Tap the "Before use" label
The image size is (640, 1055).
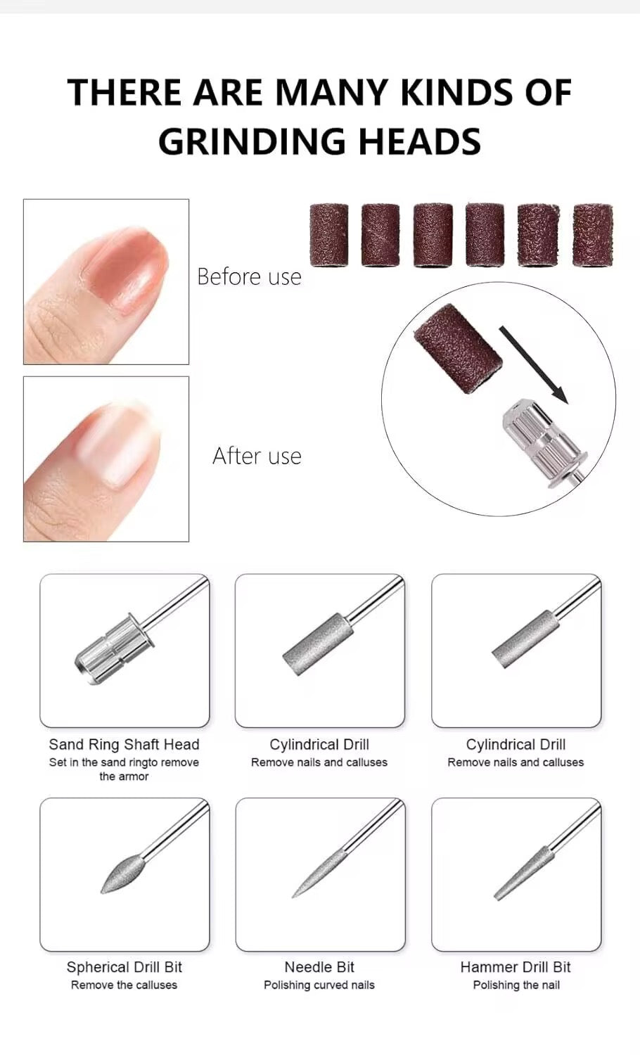[x=249, y=276]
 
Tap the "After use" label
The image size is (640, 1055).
[x=257, y=456]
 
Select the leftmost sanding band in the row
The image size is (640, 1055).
[x=328, y=235]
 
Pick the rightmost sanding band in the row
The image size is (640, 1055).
[x=592, y=235]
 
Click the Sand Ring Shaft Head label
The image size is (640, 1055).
[x=124, y=744]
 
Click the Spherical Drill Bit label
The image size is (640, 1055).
[x=124, y=967]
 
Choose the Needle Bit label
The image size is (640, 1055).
[x=319, y=967]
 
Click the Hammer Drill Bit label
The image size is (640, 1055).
[x=516, y=967]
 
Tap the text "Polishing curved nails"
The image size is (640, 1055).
[x=319, y=985]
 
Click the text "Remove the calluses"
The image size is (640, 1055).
[x=124, y=985]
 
